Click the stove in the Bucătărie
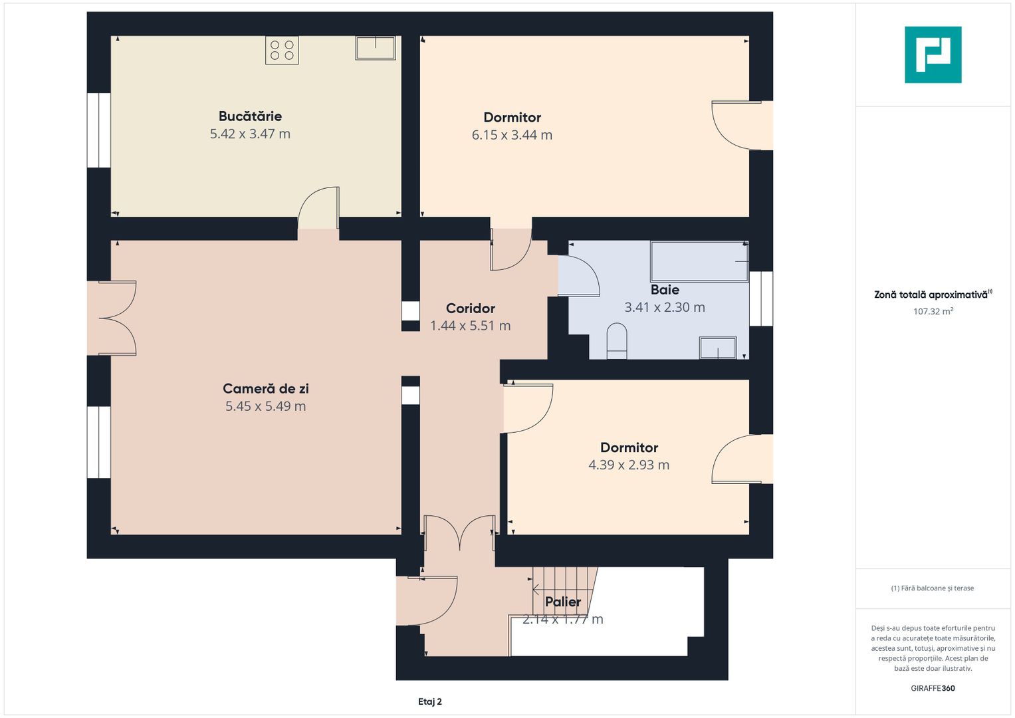pos(282,51)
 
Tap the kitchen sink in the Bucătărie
pos(376,48)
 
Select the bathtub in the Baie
pos(699,262)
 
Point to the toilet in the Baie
pos(617,341)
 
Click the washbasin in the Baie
pos(718,348)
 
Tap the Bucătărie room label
pos(250,116)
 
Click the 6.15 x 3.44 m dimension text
pos(512,135)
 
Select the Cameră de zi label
pos(265,389)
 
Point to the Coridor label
pos(471,308)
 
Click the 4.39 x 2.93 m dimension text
pos(629,465)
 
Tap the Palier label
pos(563,602)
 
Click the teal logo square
pos(933,55)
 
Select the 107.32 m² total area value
pos(933,311)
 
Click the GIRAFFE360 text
pos(933,688)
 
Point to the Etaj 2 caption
pos(430,701)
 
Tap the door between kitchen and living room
pos(318,211)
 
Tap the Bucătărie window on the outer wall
pos(99,130)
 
